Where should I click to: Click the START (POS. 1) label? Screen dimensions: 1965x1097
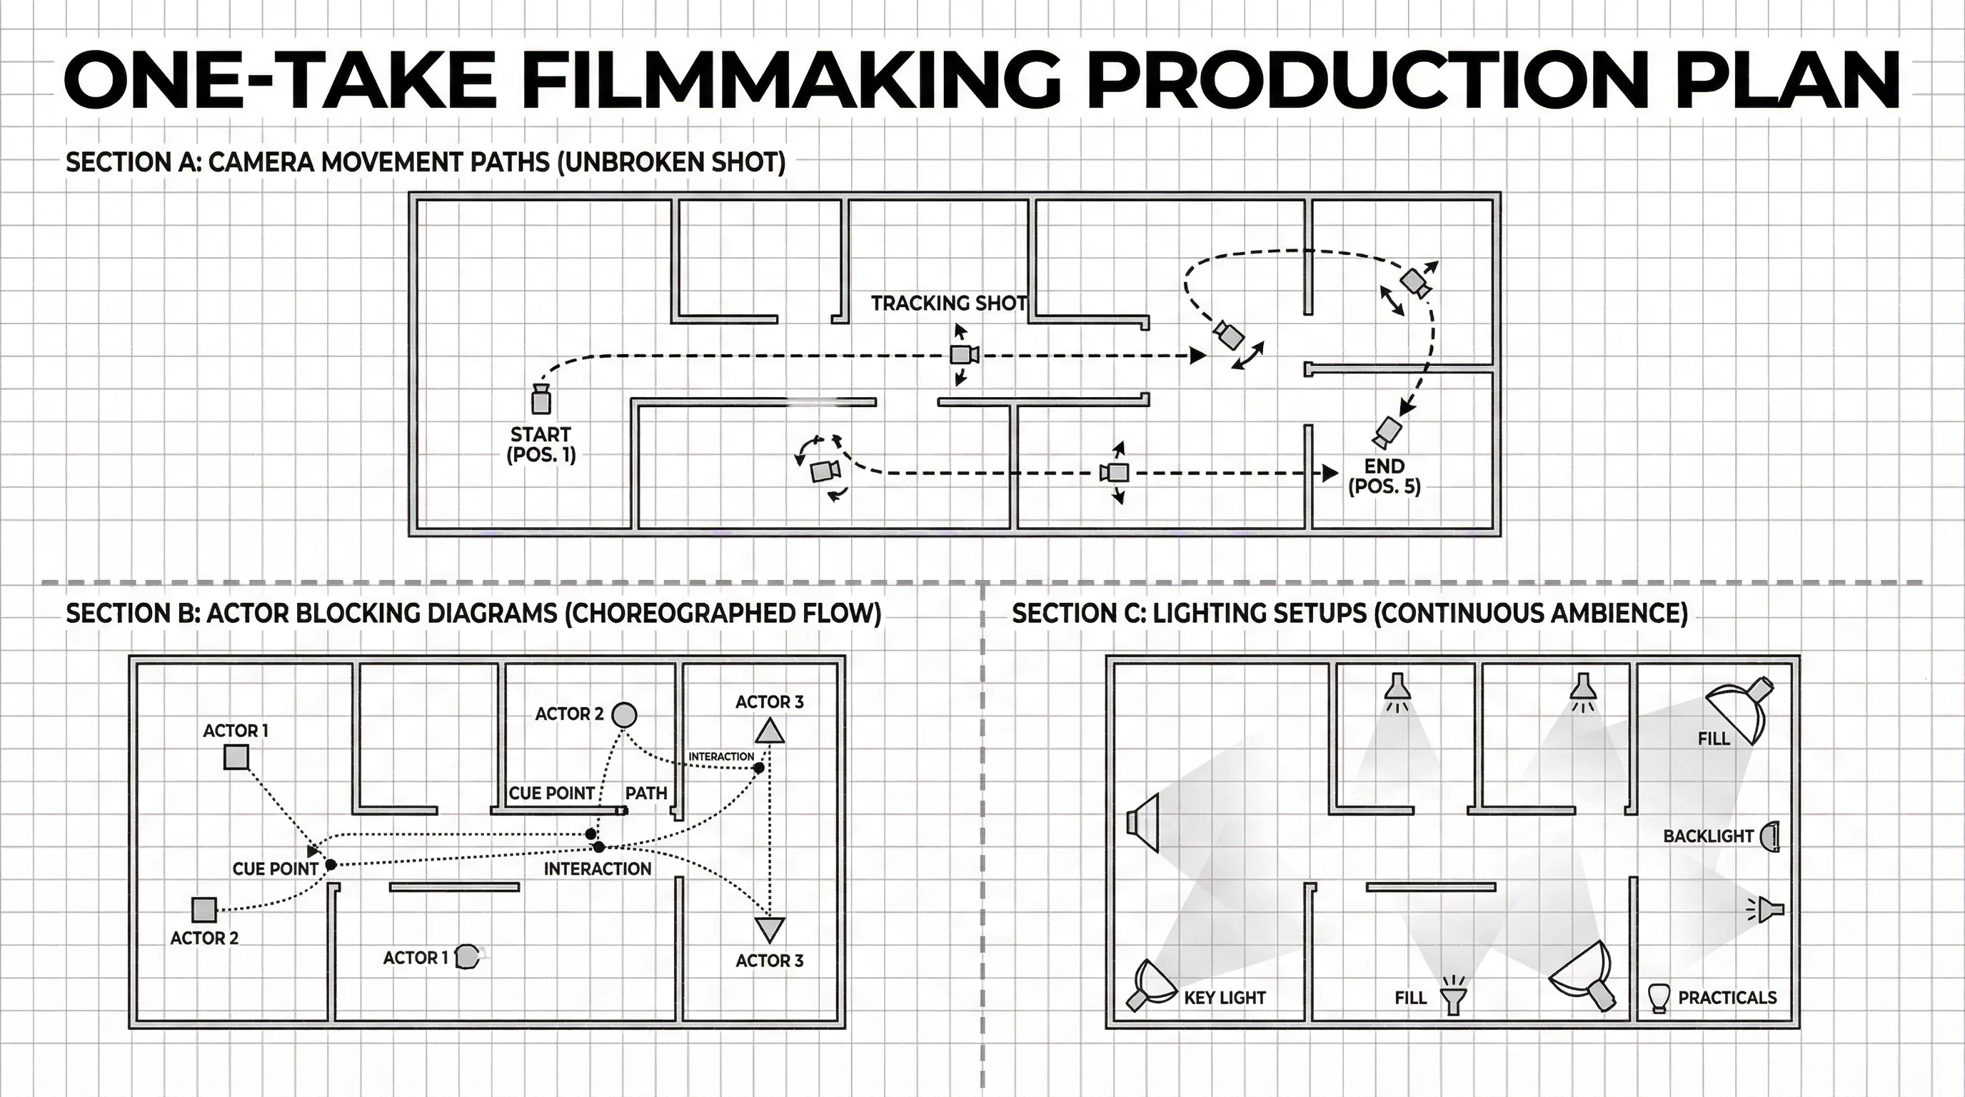pos(541,445)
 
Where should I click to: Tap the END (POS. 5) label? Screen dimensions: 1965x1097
pos(1384,476)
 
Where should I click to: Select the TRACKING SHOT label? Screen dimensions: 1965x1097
pos(949,304)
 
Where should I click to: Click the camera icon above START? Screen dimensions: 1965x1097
pos(541,399)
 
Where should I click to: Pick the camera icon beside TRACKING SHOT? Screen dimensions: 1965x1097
pos(964,355)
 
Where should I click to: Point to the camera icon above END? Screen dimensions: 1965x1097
pos(1386,433)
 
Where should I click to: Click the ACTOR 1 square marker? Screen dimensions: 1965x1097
pos(236,758)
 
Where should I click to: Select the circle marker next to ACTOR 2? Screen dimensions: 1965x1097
pos(625,715)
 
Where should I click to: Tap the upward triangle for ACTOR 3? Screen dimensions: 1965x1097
pos(770,731)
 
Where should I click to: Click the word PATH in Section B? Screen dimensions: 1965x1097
pos(646,793)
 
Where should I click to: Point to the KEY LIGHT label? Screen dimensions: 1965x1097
pos(1225,998)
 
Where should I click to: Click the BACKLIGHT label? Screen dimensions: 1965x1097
pos(1709,836)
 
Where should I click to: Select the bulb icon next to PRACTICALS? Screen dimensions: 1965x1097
pos(1657,998)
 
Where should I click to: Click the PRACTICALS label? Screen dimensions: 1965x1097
pos(1728,998)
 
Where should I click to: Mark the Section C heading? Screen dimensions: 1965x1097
pos(1350,613)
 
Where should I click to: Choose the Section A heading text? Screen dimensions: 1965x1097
pos(426,163)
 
